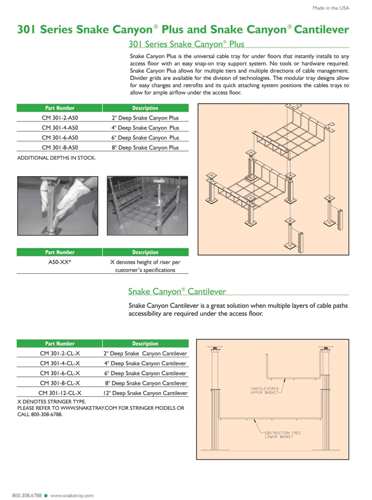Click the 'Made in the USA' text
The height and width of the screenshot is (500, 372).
click(x=331, y=8)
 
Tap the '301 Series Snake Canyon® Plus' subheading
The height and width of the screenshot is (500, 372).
click(x=186, y=44)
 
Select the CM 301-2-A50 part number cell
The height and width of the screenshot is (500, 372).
click(x=60, y=118)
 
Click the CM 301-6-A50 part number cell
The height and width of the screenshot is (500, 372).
click(x=60, y=137)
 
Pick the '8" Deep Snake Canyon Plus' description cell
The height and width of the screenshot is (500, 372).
click(x=146, y=147)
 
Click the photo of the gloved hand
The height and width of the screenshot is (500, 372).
click(x=58, y=206)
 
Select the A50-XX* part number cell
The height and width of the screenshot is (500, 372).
click(x=60, y=262)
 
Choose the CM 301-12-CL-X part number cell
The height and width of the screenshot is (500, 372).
click(x=60, y=393)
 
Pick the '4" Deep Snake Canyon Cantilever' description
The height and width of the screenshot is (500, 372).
click(x=146, y=363)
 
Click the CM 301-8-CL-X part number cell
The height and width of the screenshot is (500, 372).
click(x=60, y=383)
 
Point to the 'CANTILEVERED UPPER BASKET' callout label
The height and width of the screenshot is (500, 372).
click(x=265, y=390)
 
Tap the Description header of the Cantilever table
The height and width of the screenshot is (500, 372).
click(x=146, y=343)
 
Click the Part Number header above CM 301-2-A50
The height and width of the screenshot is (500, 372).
click(x=60, y=108)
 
